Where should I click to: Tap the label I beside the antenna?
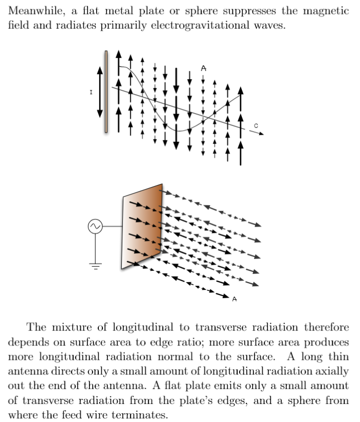pyautogui.click(x=91, y=93)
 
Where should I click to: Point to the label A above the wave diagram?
pyautogui.click(x=203, y=67)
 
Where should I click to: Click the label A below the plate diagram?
pyautogui.click(x=235, y=299)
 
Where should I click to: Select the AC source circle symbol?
pyautogui.click(x=95, y=226)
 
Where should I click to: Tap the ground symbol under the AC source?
pyautogui.click(x=95, y=265)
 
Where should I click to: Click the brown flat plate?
pyautogui.click(x=142, y=226)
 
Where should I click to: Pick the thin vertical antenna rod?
pyautogui.click(x=106, y=91)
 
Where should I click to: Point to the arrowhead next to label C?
pyautogui.click(x=261, y=134)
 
